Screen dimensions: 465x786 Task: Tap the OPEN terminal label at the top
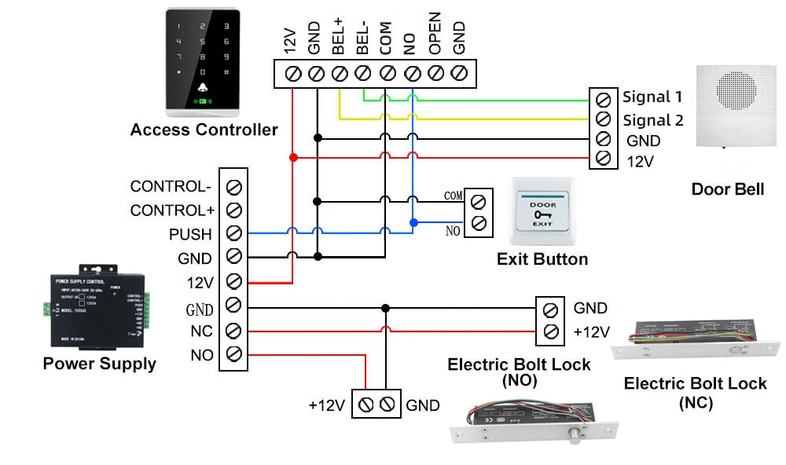tap(435, 34)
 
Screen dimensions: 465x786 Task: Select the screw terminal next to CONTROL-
tap(233, 187)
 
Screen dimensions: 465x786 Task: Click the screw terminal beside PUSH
tap(233, 234)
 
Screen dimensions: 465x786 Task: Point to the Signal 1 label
tap(652, 97)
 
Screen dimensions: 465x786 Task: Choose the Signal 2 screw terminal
tap(603, 119)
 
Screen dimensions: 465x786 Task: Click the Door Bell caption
tap(727, 189)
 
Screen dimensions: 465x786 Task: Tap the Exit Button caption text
tap(542, 259)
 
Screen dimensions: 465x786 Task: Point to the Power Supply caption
tap(99, 364)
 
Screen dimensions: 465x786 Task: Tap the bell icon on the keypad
tap(204, 87)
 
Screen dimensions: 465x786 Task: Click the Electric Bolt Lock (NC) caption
tap(695, 393)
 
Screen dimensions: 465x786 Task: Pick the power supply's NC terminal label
tap(201, 331)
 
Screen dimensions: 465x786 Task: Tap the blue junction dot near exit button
tap(413, 223)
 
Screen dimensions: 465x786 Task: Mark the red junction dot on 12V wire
tap(292, 158)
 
